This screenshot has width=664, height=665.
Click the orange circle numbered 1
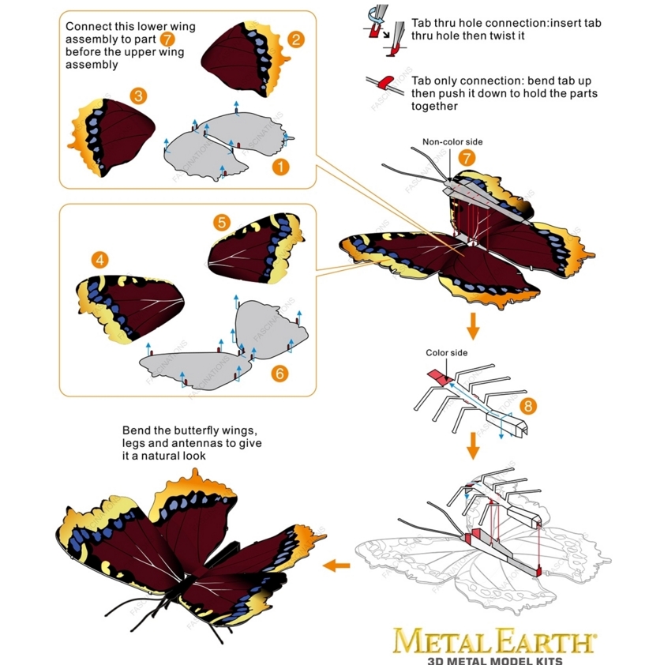click(x=281, y=167)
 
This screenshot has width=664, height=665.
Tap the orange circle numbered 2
click(x=296, y=39)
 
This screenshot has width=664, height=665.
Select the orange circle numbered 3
click(x=138, y=96)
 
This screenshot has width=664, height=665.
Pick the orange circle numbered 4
click(x=100, y=260)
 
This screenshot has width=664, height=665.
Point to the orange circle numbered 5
click(x=222, y=222)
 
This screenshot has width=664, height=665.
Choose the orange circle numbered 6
click(x=279, y=374)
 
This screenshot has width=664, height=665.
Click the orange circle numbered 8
click(x=528, y=406)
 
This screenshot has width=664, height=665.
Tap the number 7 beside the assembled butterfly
click(x=467, y=158)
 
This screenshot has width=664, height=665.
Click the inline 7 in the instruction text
click(x=167, y=39)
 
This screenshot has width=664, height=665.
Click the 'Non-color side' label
click(x=452, y=142)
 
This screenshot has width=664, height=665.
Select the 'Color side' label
click(x=447, y=353)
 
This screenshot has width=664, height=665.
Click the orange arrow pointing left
click(x=336, y=565)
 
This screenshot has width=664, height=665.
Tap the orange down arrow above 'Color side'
click(x=473, y=326)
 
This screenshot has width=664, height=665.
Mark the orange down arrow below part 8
click(x=473, y=446)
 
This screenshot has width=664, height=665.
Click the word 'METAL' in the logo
click(x=443, y=641)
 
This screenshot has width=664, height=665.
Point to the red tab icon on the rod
click(x=386, y=82)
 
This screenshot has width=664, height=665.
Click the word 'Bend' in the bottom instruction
click(x=136, y=430)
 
